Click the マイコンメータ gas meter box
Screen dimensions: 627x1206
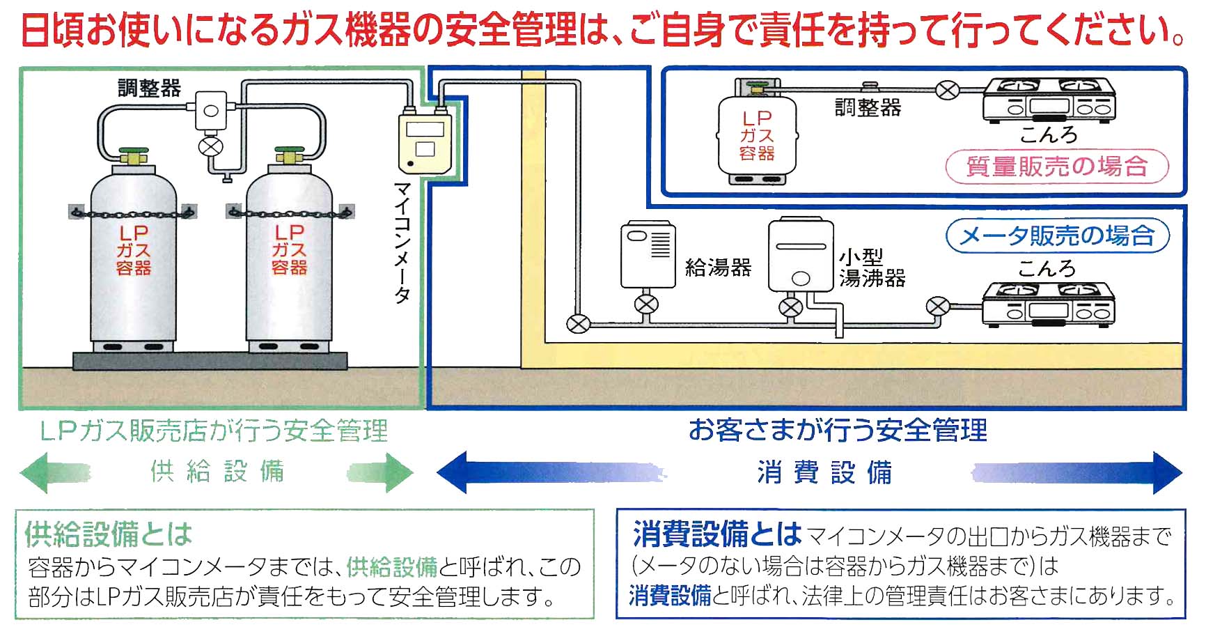pyautogui.click(x=424, y=143)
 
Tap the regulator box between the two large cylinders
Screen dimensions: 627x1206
pyautogui.click(x=210, y=111)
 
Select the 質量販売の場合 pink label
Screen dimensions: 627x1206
pyautogui.click(x=1056, y=167)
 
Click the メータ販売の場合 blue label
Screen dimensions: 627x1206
pyautogui.click(x=1056, y=235)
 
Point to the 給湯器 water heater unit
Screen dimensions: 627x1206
pyautogui.click(x=648, y=255)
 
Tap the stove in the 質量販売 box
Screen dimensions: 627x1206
pyautogui.click(x=1049, y=101)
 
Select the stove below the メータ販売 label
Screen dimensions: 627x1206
pyautogui.click(x=1049, y=306)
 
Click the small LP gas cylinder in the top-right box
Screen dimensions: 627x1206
pyautogui.click(x=757, y=136)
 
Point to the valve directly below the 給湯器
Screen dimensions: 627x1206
pyautogui.click(x=646, y=304)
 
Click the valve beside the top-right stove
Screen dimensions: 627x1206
pyautogui.click(x=947, y=90)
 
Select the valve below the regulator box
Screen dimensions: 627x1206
pyautogui.click(x=210, y=147)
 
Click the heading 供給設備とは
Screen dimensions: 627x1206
pyautogui.click(x=109, y=535)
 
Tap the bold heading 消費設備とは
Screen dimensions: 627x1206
pyautogui.click(x=717, y=535)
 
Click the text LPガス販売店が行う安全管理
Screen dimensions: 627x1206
pyautogui.click(x=214, y=431)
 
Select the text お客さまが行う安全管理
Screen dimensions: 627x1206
pyautogui.click(x=837, y=430)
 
